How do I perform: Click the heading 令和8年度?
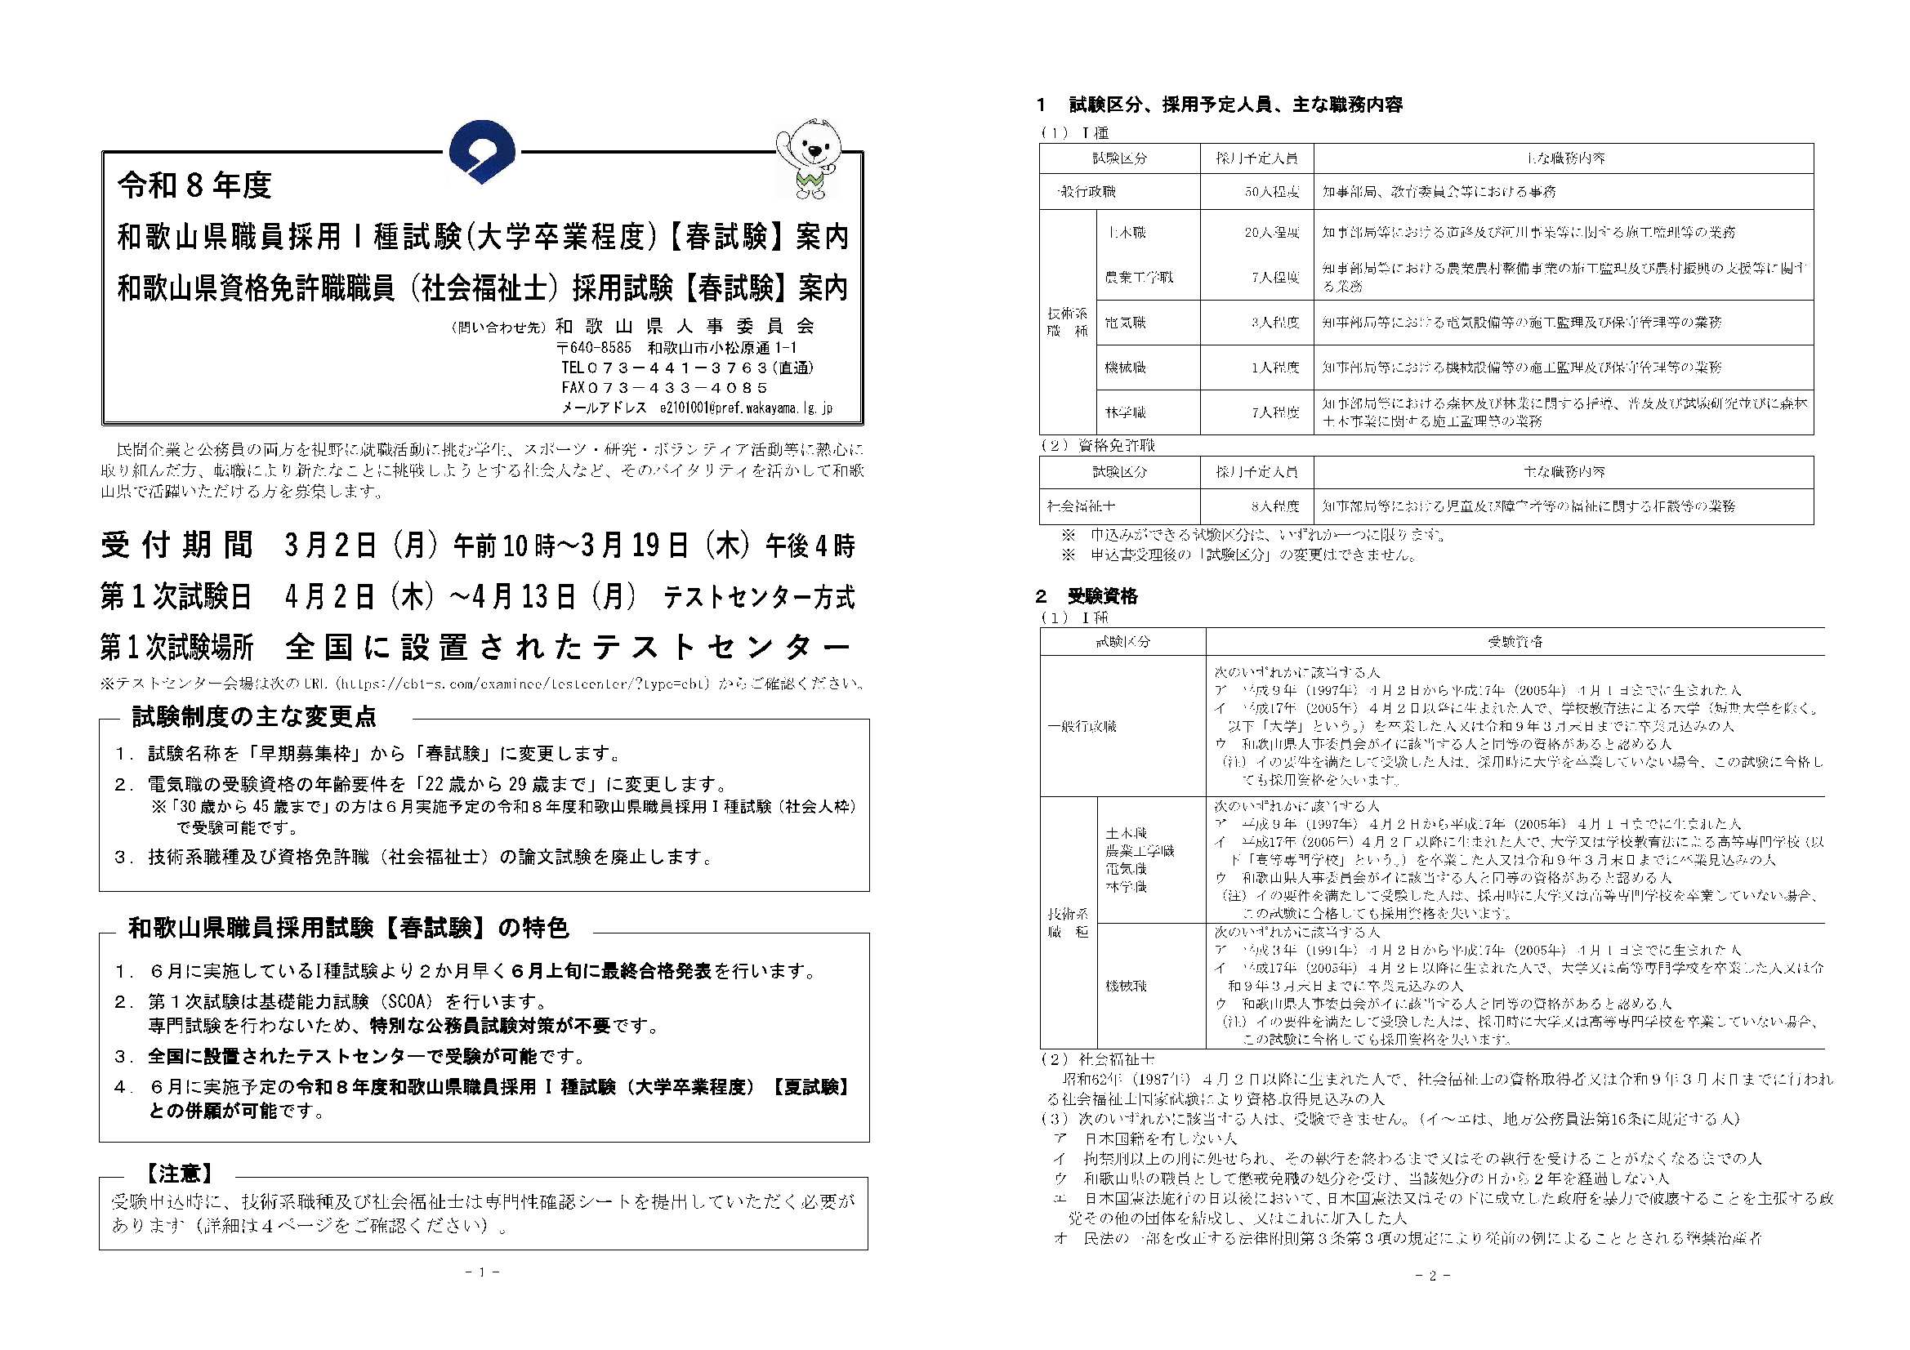click(x=194, y=185)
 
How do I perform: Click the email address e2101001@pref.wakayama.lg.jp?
click(x=745, y=408)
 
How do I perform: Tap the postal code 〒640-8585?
click(x=594, y=348)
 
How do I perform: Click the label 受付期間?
click(x=176, y=546)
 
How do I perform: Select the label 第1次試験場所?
click(x=176, y=646)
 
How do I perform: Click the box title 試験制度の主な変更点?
click(x=255, y=716)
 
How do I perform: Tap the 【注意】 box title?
click(x=180, y=1174)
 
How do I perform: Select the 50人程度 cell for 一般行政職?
click(x=1272, y=192)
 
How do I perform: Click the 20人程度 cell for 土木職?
click(x=1272, y=233)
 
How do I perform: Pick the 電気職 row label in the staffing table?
click(x=1126, y=323)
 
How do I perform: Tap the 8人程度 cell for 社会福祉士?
click(x=1274, y=506)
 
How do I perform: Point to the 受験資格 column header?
click(x=1515, y=641)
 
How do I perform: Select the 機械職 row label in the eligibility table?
click(x=1127, y=986)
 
